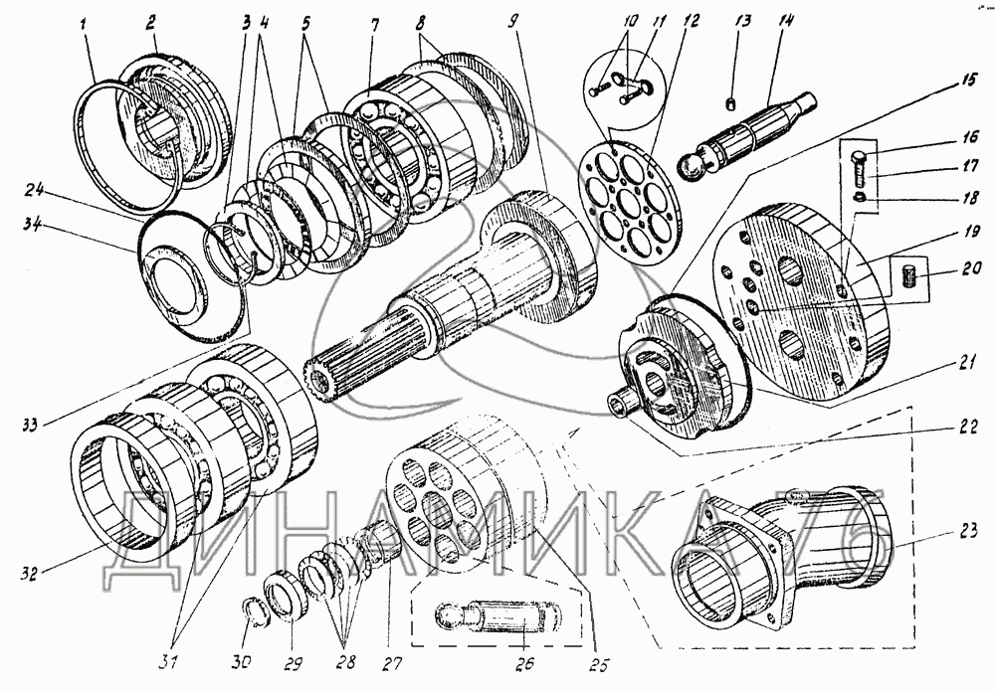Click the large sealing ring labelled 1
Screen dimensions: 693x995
click(x=139, y=149)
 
